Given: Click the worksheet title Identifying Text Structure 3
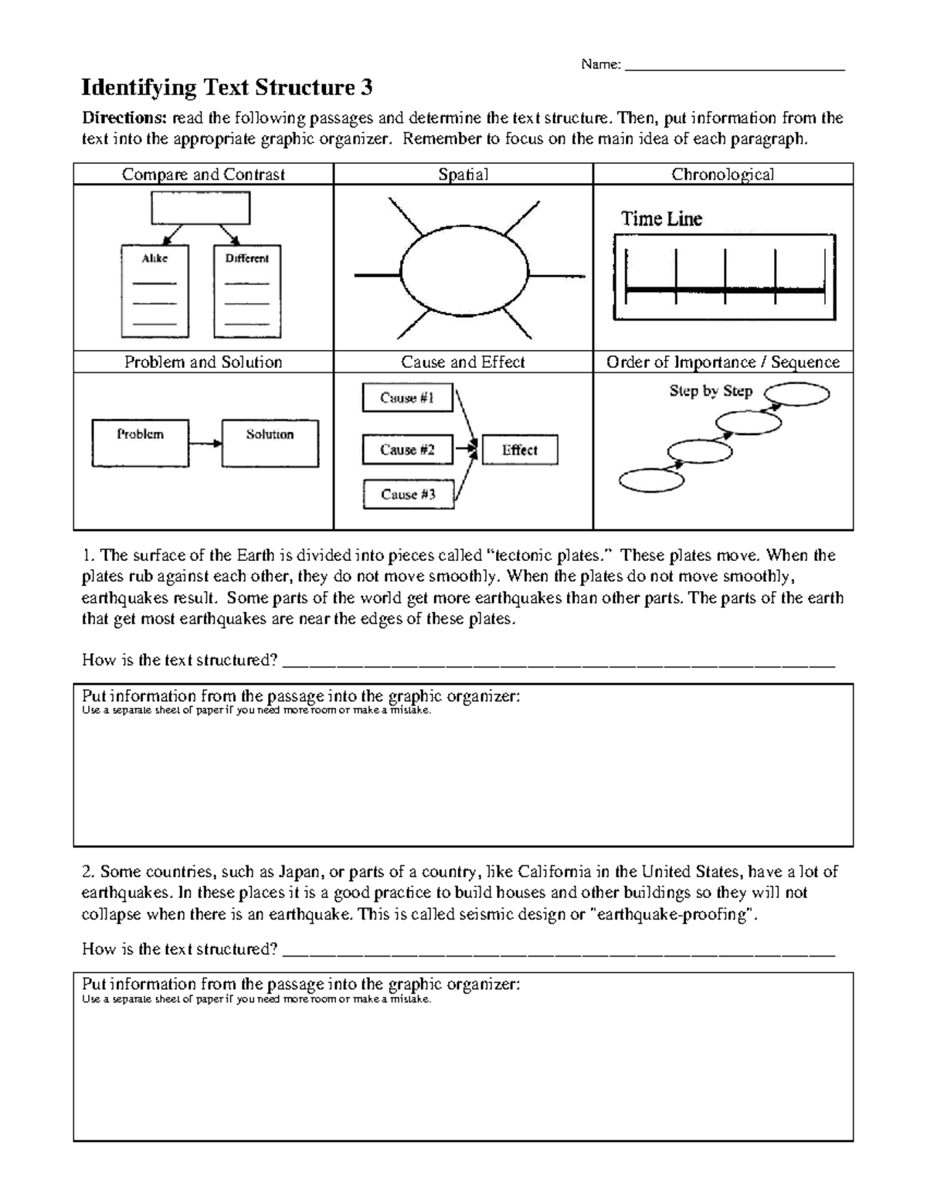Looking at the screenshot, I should (227, 88).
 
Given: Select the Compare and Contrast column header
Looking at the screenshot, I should (203, 175).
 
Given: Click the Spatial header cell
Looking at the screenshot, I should (463, 175).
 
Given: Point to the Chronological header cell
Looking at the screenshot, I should (722, 175).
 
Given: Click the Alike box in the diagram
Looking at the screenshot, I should (154, 291).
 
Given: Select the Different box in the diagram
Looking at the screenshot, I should (246, 291).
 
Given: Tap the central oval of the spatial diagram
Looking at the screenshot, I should (463, 274).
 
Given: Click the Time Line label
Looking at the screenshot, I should (662, 219).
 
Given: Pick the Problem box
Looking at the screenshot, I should (140, 443).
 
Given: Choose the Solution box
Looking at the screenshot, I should (270, 443).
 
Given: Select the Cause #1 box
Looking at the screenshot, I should (407, 398).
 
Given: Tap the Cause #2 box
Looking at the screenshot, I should (407, 450).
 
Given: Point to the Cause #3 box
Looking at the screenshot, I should (408, 495).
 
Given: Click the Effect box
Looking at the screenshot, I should (519, 450).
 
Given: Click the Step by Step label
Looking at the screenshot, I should (711, 391).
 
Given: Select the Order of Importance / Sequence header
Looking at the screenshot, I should (722, 362).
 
